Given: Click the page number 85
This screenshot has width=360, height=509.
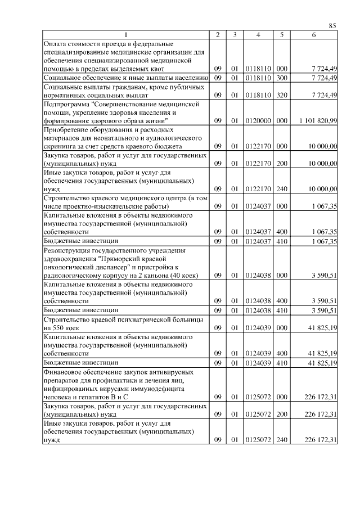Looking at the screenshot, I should [332, 25].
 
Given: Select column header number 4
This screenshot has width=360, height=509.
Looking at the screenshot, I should [258, 35].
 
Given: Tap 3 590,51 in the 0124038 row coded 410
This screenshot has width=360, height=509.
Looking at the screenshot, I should [325, 310].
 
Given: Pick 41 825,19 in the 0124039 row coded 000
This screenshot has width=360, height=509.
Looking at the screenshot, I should [323, 328].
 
